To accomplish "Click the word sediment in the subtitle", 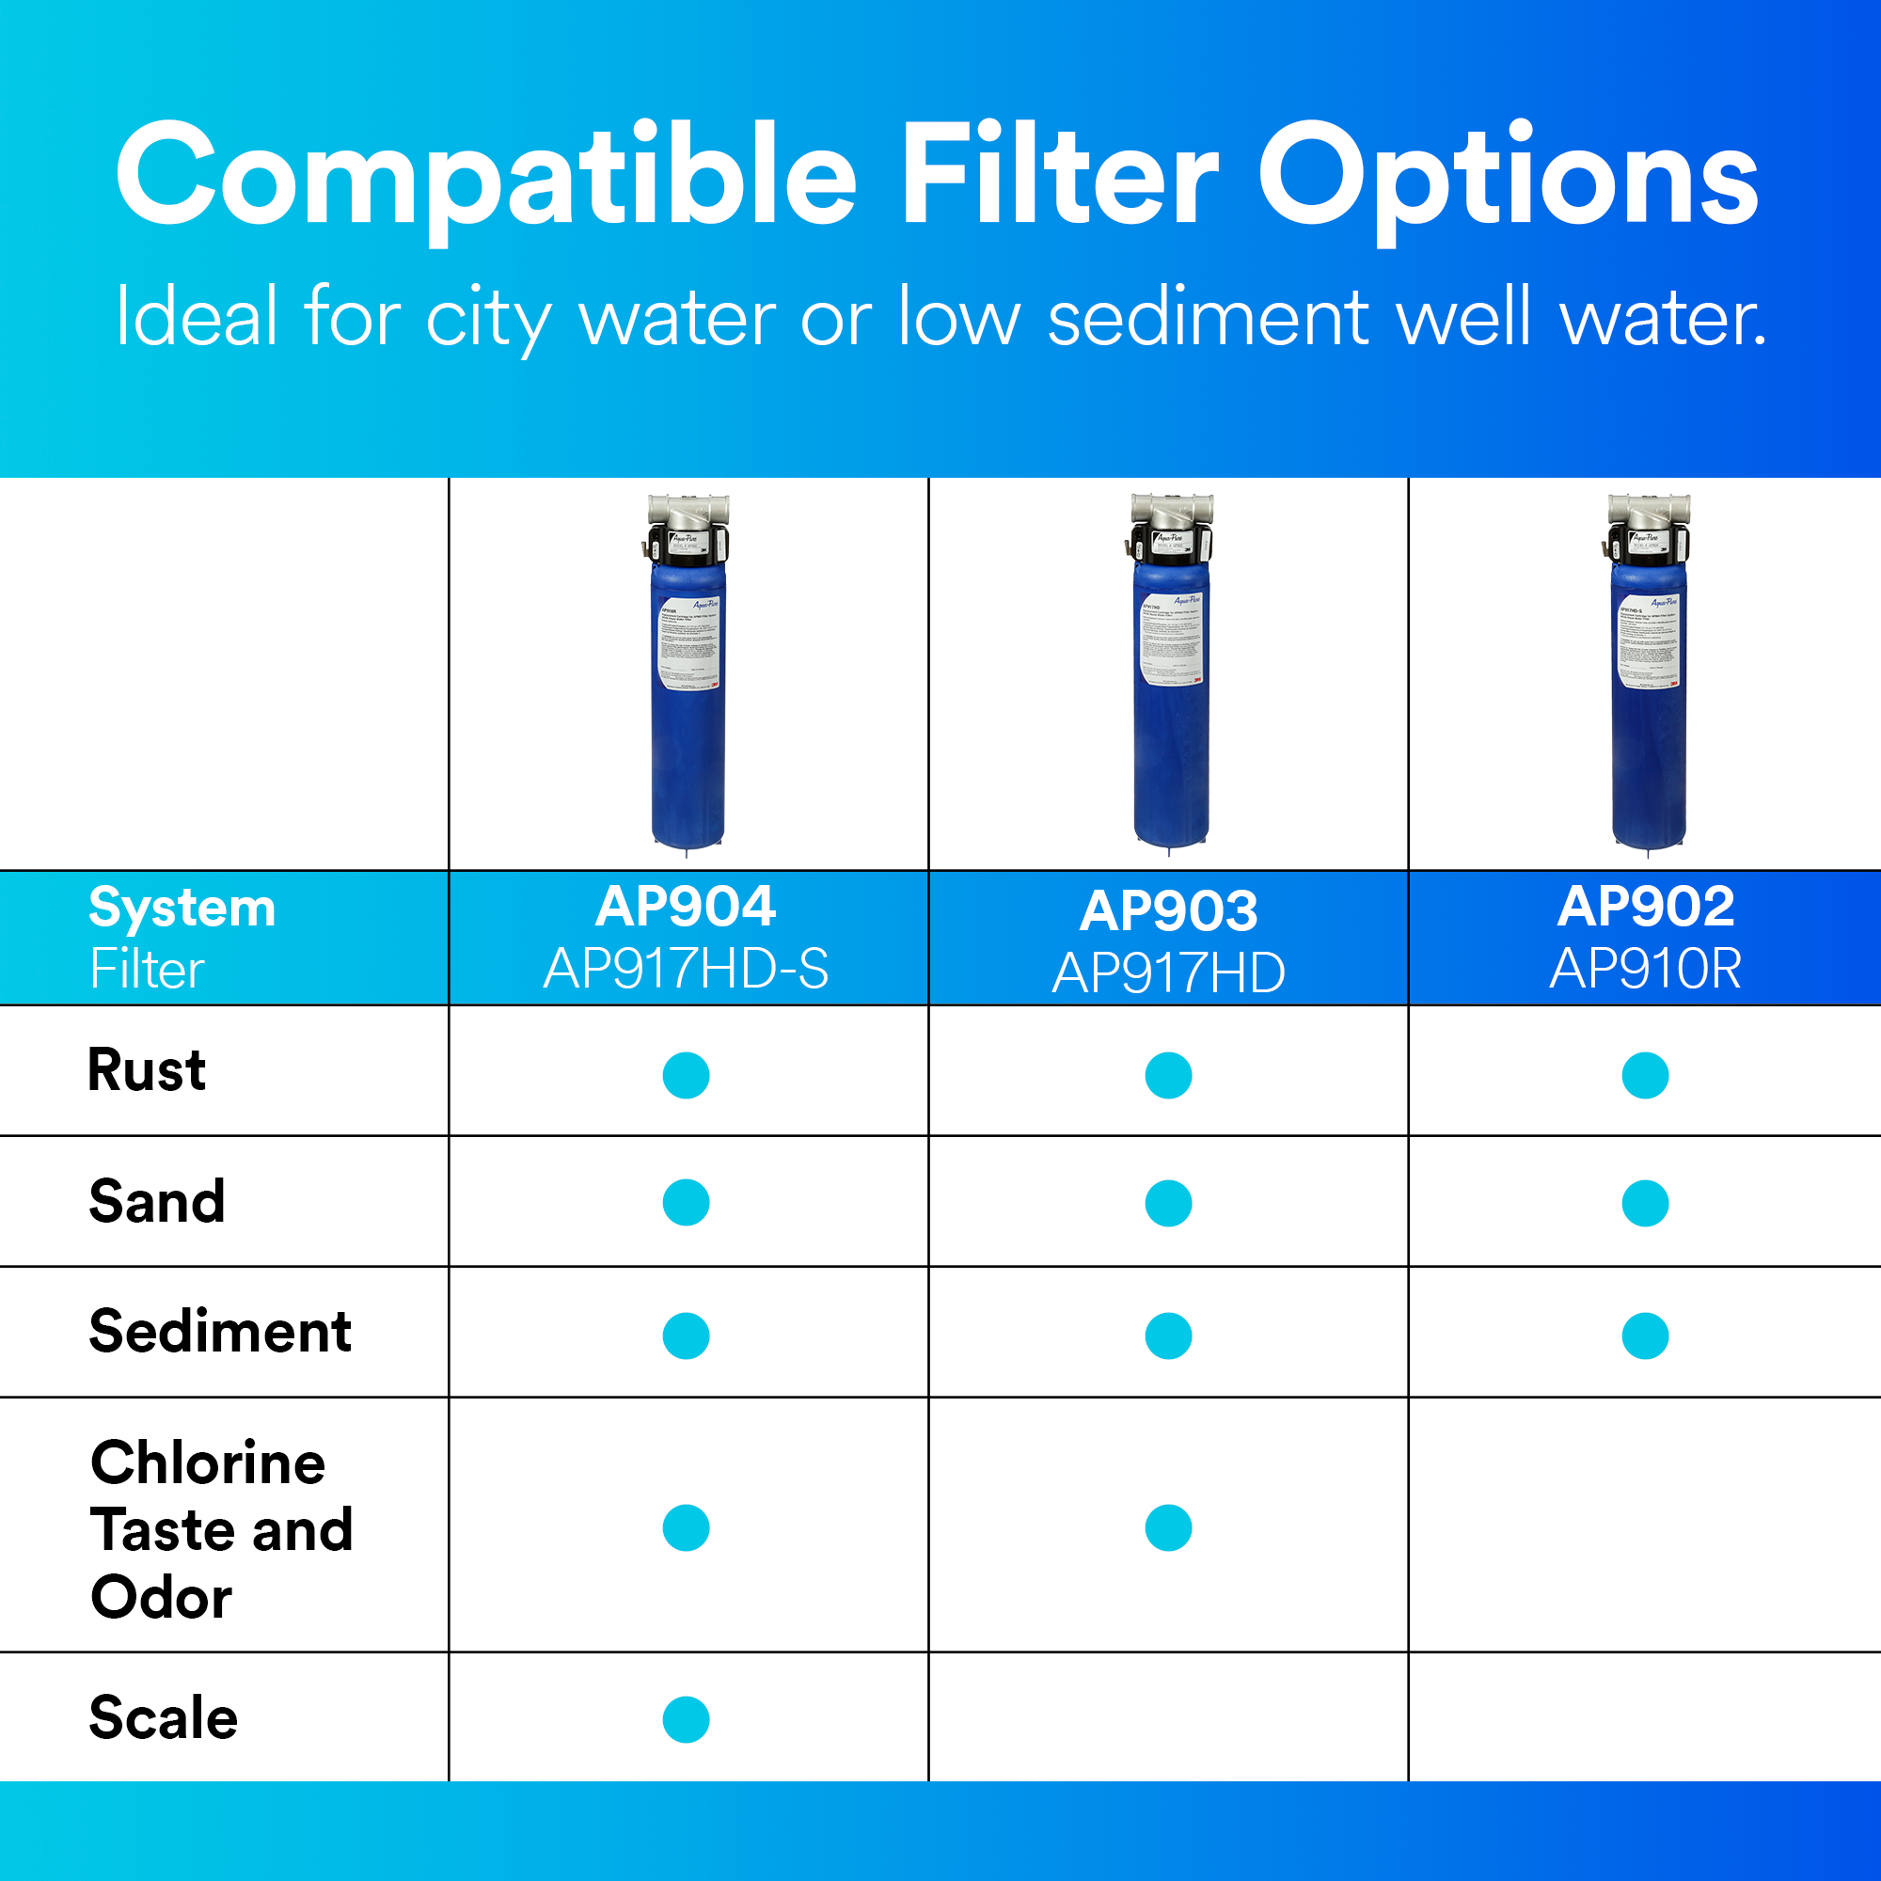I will click(1208, 316).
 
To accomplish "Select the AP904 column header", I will click(686, 907).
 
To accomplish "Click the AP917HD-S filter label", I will click(686, 969).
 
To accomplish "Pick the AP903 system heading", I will click(1168, 910).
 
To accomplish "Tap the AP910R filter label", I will click(1645, 969).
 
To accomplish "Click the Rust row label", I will click(147, 1070).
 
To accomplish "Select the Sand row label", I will click(157, 1200).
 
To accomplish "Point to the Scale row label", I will click(163, 1716).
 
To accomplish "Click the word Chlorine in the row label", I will click(207, 1462).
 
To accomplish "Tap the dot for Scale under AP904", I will click(686, 1719).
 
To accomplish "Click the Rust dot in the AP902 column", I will click(1645, 1075).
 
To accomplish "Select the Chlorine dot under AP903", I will click(1168, 1527).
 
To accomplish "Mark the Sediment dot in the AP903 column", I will click(1168, 1336).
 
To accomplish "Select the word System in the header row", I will click(182, 908).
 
